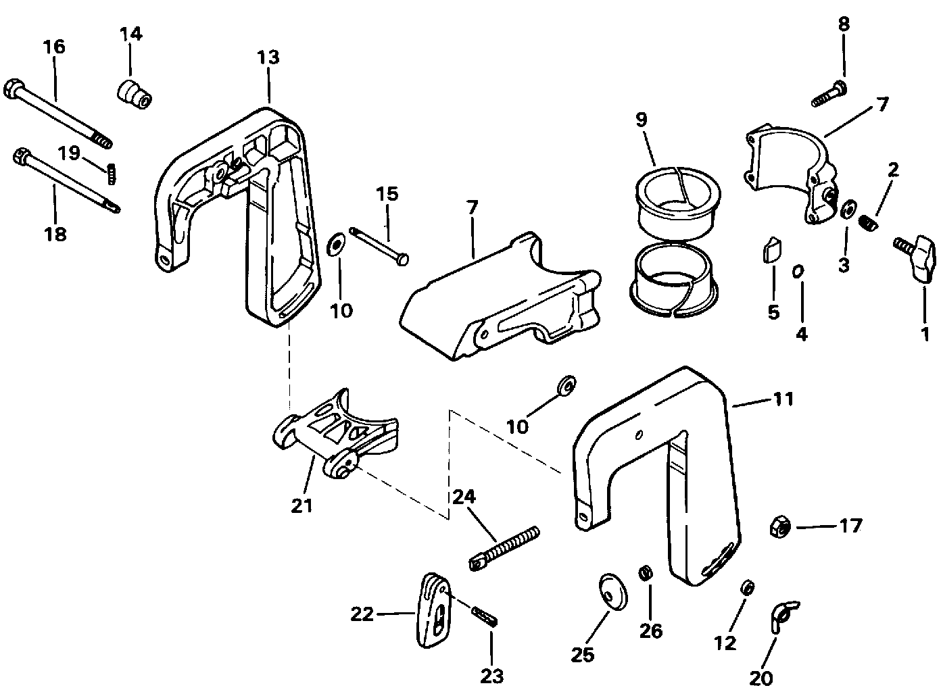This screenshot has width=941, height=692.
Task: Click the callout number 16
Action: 54,47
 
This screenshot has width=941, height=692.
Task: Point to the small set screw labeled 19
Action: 111,174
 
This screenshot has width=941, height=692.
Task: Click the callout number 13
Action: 268,57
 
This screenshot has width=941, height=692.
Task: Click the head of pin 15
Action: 402,259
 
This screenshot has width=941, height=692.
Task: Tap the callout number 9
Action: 642,120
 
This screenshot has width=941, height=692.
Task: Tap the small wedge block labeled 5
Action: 772,250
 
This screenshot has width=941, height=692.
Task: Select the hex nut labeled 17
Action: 780,526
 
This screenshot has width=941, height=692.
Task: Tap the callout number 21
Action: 302,505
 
